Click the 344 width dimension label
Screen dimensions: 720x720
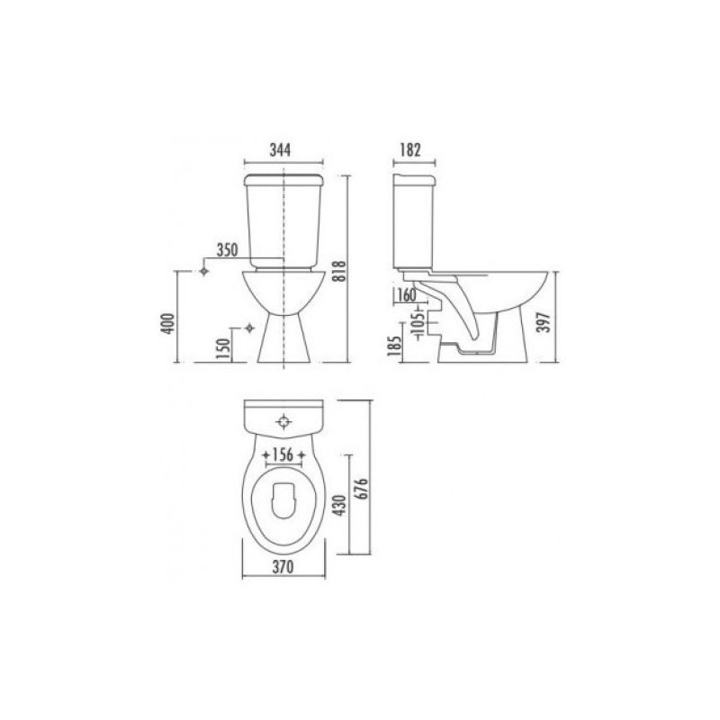(x=280, y=149)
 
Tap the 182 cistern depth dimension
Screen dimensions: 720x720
(x=410, y=149)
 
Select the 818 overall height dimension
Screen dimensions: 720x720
(x=339, y=272)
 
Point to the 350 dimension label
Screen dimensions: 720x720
(x=228, y=250)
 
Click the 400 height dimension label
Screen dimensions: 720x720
(x=168, y=323)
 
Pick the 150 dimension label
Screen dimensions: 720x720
(x=222, y=349)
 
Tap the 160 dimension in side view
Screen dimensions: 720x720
(x=407, y=295)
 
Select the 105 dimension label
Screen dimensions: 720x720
(x=418, y=325)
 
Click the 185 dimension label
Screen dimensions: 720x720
(x=394, y=346)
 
